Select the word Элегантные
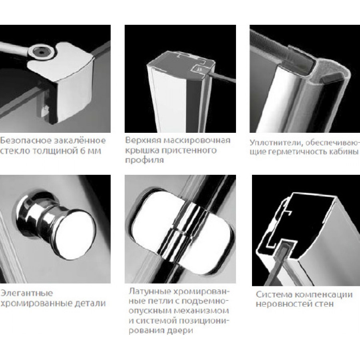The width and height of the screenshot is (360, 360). click(27, 293)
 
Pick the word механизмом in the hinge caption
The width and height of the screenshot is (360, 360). click(201, 311)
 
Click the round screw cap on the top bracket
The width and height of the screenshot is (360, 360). click(42, 52)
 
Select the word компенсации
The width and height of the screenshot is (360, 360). click(324, 294)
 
